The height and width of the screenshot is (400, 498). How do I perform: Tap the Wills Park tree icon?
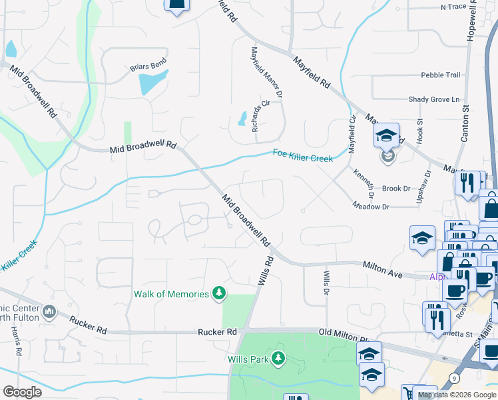[x=278, y=359]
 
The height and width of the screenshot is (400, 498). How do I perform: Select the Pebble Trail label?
[x=440, y=75]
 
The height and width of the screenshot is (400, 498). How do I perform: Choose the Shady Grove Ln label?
[x=434, y=99]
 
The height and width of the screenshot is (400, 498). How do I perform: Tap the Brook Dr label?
[x=396, y=189]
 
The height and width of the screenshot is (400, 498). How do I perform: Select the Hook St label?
[x=419, y=132]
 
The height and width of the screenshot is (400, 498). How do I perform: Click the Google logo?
[x=22, y=392]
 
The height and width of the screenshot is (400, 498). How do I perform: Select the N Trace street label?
[x=453, y=7]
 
